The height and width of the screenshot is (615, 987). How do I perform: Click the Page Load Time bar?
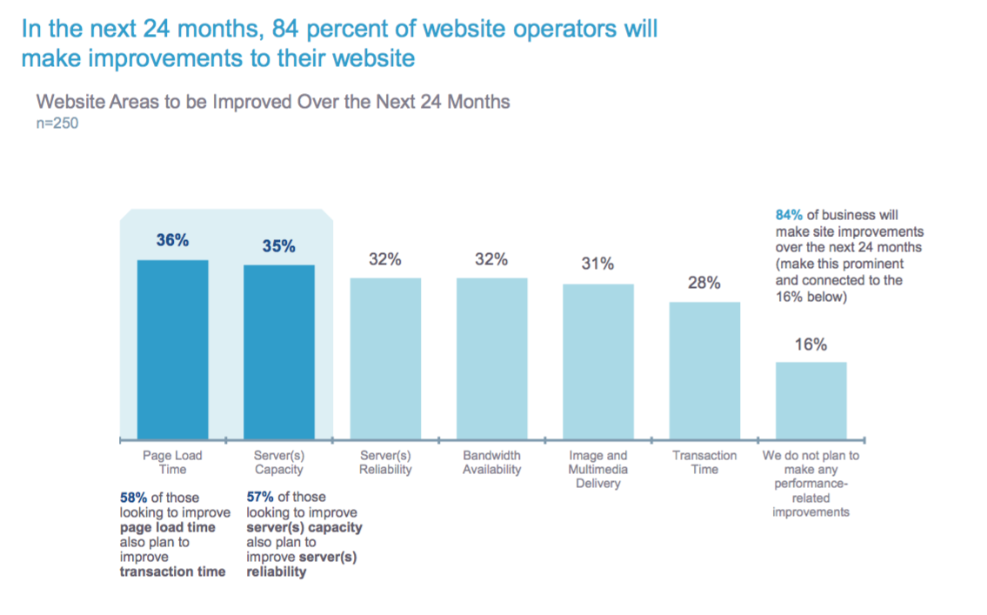coord(172,349)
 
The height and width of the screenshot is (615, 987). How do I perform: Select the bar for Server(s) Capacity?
coord(278,351)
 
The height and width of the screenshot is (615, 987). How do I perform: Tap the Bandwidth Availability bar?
coord(491,358)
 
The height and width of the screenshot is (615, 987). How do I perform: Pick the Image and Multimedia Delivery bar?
coord(597,361)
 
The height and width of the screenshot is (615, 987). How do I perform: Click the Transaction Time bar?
coord(704,370)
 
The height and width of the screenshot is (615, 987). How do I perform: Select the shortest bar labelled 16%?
coord(810,400)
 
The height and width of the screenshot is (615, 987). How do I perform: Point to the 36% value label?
coord(172,241)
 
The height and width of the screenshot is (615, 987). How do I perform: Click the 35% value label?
coord(278,246)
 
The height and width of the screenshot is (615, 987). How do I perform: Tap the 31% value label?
coord(597,264)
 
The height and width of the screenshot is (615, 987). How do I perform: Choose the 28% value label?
coord(704,283)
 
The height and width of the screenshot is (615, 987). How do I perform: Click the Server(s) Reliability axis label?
coord(384,462)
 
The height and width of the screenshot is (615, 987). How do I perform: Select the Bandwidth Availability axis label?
coord(491,462)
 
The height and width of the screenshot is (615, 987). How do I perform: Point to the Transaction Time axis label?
coord(704,462)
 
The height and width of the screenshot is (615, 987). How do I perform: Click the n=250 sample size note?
coord(57,124)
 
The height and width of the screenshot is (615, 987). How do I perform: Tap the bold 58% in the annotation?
coord(134,498)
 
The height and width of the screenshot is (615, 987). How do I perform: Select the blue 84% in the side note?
coord(789,214)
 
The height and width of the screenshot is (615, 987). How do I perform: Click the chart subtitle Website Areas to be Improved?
coord(273,102)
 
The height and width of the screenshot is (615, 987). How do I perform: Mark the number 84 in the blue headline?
coord(286,28)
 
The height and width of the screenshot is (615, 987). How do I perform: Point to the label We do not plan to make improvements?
coord(810,484)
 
